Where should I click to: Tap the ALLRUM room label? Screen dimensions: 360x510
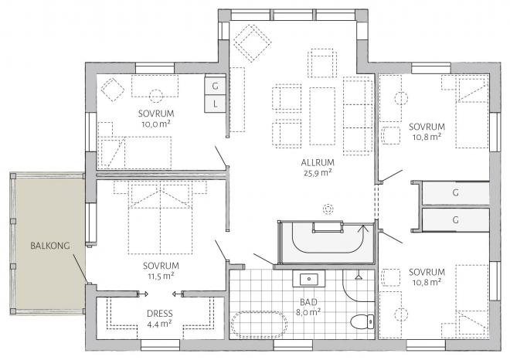pos(317,162)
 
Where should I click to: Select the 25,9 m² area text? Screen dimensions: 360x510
pos(317,173)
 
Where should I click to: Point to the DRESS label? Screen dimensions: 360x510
pos(159,314)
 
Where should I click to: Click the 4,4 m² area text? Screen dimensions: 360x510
pos(159,324)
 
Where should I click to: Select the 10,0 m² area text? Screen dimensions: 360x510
pos(156,123)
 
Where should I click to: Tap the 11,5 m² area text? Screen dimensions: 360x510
pos(158,274)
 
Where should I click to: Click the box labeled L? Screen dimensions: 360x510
pos(216,104)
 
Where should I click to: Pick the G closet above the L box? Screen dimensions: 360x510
pos(216,85)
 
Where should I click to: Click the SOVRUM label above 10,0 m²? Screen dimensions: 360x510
pos(156,113)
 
